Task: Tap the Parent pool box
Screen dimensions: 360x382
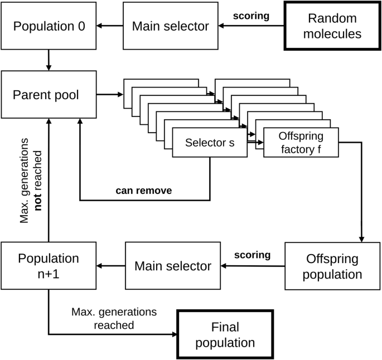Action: pyautogui.click(x=49, y=94)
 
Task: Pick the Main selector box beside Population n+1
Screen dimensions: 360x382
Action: pyautogui.click(x=173, y=266)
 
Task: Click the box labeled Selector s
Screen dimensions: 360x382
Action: pyautogui.click(x=209, y=143)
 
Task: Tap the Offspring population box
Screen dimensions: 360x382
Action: pyautogui.click(x=333, y=266)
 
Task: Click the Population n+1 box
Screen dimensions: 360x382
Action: pyautogui.click(x=49, y=266)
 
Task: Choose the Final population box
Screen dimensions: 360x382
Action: pyautogui.click(x=224, y=334)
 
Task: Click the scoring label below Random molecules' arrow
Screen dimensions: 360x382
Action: pyautogui.click(x=252, y=16)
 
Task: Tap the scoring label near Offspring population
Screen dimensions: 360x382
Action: pyautogui.click(x=252, y=256)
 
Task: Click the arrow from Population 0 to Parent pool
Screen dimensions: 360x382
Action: pyautogui.click(x=49, y=59)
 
